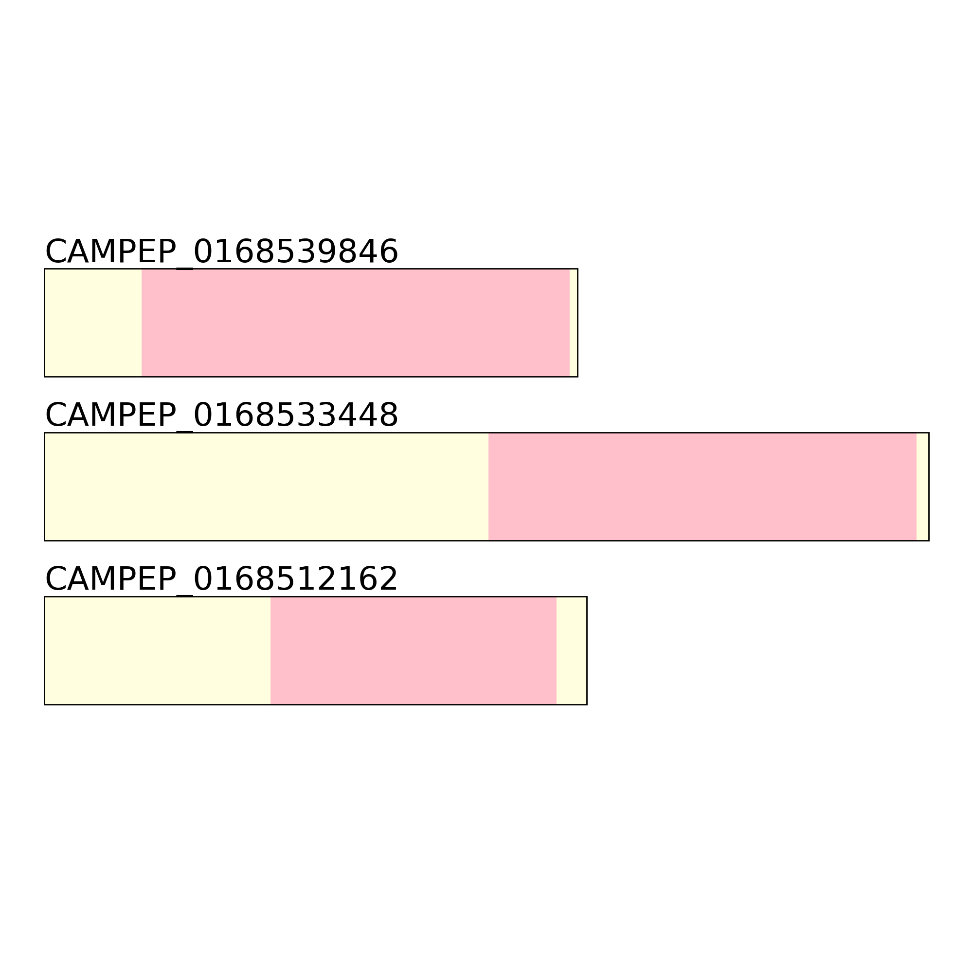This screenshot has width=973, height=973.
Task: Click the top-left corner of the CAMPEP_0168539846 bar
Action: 45,269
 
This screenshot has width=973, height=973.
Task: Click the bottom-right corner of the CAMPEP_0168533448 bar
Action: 929,541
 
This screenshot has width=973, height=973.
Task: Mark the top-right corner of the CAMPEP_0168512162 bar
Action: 587,597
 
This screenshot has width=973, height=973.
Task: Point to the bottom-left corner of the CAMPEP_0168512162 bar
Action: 45,704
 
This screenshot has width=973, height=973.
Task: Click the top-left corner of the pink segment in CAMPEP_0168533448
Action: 488,432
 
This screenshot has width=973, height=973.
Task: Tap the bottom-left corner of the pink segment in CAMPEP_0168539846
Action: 142,377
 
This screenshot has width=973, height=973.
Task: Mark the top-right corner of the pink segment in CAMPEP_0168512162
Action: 557,597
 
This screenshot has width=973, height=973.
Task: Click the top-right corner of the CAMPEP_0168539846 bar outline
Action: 577,269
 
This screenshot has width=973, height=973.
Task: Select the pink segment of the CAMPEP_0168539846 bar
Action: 356,323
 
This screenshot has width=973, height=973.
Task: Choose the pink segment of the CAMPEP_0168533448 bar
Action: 703,486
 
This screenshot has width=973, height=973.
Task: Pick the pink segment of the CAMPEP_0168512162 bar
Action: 414,650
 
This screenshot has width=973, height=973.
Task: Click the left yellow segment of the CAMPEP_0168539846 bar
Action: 93,323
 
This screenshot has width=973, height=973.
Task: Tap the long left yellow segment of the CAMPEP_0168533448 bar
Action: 267,486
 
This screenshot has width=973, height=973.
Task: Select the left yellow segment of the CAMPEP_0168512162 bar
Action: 158,650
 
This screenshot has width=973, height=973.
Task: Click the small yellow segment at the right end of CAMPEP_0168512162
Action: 572,650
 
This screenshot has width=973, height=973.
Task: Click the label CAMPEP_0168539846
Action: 221,252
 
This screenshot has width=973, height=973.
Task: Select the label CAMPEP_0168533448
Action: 221,415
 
